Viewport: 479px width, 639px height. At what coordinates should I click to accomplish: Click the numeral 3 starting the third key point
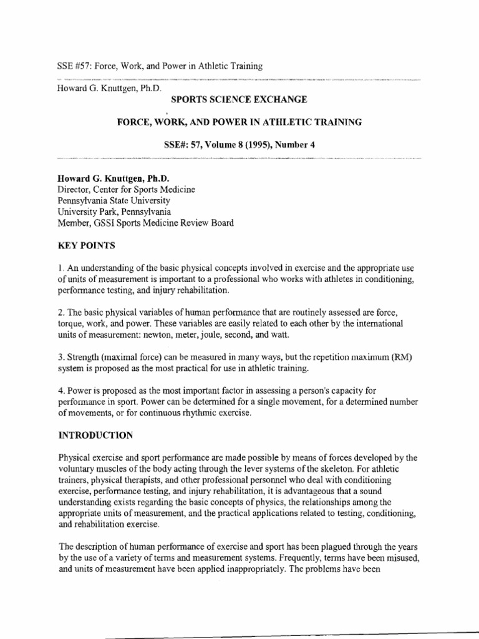[x=59, y=358]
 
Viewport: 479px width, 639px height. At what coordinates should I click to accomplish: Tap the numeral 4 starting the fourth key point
[x=59, y=391]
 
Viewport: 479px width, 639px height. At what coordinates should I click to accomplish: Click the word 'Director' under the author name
[x=75, y=189]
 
